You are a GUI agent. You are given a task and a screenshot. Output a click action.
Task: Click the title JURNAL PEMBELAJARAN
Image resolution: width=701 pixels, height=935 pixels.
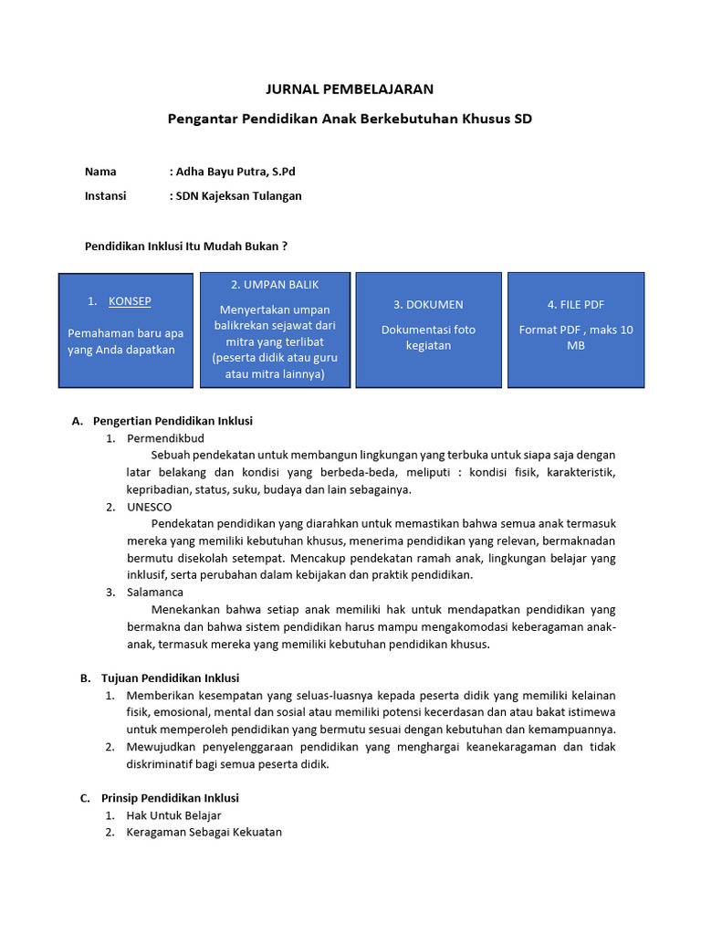tap(350, 89)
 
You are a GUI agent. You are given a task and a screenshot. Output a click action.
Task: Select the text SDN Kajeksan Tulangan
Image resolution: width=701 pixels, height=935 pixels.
tap(238, 195)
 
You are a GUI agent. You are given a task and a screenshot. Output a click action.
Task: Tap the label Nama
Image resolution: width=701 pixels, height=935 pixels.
tap(100, 171)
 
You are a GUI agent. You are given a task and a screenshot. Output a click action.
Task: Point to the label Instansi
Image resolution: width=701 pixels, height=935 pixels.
tap(105, 195)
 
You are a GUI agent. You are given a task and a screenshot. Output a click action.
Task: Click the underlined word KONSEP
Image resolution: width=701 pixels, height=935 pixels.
tap(131, 301)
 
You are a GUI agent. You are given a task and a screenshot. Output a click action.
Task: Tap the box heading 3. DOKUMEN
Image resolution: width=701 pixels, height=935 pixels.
tap(428, 304)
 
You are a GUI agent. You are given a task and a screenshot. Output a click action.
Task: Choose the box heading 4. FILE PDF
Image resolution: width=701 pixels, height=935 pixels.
tap(576, 304)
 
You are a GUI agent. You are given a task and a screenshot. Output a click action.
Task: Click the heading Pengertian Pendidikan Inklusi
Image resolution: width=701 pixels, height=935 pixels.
tap(173, 421)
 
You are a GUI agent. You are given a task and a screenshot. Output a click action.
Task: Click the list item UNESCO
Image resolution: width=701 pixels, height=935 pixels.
tap(149, 507)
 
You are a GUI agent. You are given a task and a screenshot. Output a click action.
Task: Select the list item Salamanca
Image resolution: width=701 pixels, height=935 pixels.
tap(155, 592)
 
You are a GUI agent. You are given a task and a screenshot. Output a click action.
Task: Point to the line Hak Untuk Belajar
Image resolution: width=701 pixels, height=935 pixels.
tap(173, 814)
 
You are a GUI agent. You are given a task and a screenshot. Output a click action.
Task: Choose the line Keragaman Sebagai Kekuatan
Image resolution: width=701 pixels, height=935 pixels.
tap(204, 832)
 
